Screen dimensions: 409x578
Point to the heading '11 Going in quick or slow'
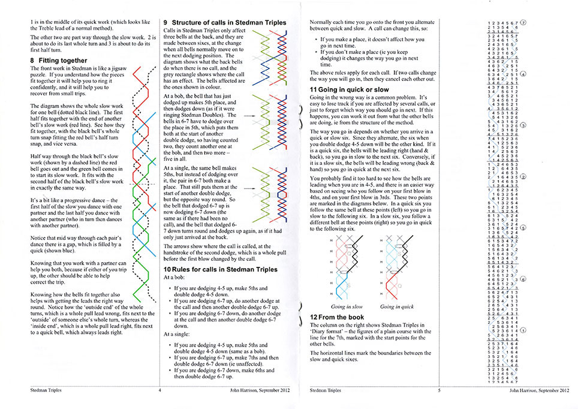click(x=349, y=89)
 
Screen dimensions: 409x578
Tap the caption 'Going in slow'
click(x=347, y=307)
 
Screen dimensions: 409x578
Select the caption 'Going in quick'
click(x=397, y=307)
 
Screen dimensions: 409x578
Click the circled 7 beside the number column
click(x=523, y=22)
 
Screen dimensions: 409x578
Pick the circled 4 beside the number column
click(x=523, y=74)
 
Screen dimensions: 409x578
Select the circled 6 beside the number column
click(x=523, y=280)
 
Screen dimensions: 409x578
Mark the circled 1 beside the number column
click(x=523, y=330)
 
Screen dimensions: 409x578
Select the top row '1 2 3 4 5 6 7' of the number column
click(x=504, y=22)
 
